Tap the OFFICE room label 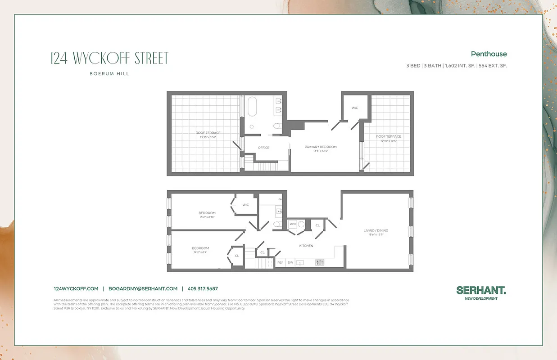pos(263,148)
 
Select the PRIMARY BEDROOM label pos(321,147)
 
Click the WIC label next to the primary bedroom pos(355,108)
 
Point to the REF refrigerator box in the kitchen pos(280,262)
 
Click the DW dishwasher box pos(290,262)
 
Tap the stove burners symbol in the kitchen pos(320,262)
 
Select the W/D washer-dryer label pos(293,224)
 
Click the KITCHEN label pos(306,246)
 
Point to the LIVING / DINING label pos(376,230)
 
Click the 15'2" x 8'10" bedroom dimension pos(207,217)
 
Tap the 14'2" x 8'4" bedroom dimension pos(200,252)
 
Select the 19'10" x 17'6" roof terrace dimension pos(208,137)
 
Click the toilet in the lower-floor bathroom pos(276,224)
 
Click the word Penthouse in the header pos(489,54)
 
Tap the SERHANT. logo pos(481,290)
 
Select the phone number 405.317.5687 pos(203,289)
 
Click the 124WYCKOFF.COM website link pos(76,289)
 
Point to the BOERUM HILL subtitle pos(109,74)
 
